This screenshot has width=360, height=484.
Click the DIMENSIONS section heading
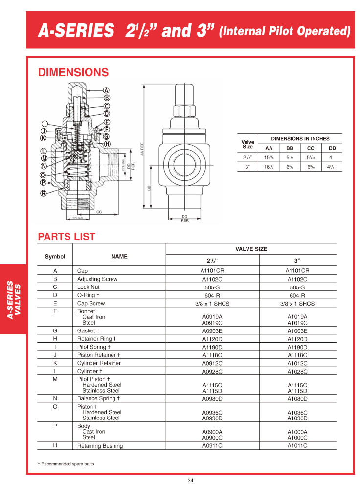[x=73, y=72]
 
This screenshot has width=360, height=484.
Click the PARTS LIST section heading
[x=67, y=237]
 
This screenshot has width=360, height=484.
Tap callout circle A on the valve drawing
[x=106, y=90]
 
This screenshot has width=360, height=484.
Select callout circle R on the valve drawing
[x=43, y=193]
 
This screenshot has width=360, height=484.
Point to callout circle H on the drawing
[x=107, y=144]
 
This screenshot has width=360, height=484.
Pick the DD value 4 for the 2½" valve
[x=331, y=157]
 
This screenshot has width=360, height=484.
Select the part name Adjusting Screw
[x=97, y=279]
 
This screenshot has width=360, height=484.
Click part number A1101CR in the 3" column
[x=297, y=270]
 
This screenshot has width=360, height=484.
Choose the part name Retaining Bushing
[x=100, y=446]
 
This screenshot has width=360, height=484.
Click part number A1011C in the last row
[x=297, y=446]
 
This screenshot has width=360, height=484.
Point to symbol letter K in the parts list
[x=55, y=363]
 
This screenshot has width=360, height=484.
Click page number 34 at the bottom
[x=190, y=479]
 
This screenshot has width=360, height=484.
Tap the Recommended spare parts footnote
[x=66, y=463]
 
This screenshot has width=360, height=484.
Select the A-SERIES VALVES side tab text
[x=13, y=300]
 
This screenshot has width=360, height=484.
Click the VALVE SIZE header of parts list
[x=251, y=249]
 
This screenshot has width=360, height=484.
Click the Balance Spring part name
[x=99, y=398]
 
